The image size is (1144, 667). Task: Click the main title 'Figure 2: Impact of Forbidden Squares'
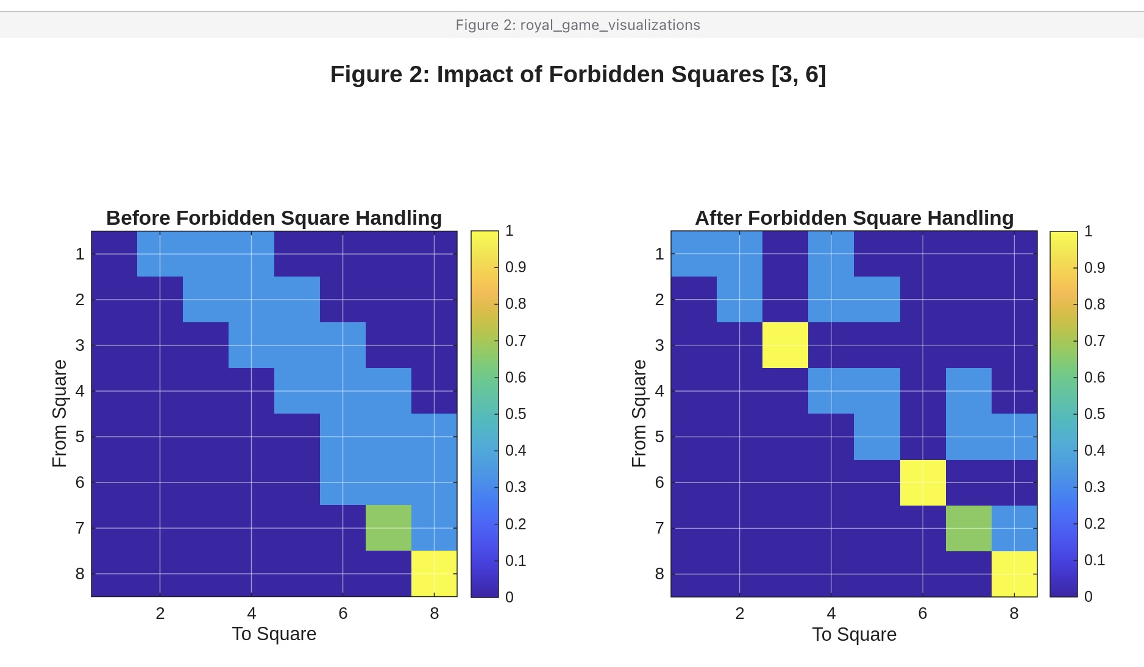click(578, 74)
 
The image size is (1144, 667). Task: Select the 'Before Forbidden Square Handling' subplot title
click(274, 218)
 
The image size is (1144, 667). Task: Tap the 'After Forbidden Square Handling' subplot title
click(854, 218)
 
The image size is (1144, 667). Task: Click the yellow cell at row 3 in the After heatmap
click(785, 345)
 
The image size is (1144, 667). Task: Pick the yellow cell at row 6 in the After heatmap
click(923, 482)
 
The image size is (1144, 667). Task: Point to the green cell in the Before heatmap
click(388, 528)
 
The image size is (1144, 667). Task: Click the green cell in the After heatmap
click(968, 528)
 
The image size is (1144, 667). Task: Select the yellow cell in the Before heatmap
click(434, 573)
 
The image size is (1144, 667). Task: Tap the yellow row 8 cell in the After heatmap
click(1014, 574)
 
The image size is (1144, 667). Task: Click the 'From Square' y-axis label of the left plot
click(59, 413)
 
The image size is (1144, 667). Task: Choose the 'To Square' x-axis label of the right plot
click(854, 634)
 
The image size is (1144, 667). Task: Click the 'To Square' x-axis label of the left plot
click(274, 633)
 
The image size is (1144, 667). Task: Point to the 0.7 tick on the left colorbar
click(516, 341)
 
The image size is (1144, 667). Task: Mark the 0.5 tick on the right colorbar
click(1095, 414)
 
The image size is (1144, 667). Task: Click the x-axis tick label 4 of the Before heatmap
click(251, 613)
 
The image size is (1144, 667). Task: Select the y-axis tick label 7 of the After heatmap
click(659, 528)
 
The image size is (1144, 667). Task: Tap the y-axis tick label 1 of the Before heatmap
click(80, 254)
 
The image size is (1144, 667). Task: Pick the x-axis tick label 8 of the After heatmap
click(1014, 613)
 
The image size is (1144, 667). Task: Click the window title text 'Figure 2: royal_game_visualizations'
click(578, 25)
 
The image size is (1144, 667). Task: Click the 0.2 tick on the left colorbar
click(516, 524)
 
